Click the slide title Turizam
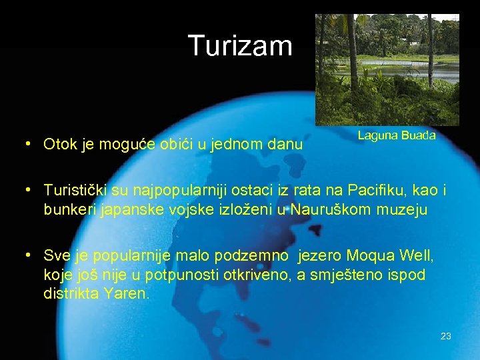coord(240,46)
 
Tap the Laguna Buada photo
coord(387,69)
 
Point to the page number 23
coord(446,336)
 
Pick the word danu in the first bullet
coord(287,144)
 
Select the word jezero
coord(319,255)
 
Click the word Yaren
coord(125,293)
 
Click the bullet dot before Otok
coord(25,143)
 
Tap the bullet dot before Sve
coord(25,255)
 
